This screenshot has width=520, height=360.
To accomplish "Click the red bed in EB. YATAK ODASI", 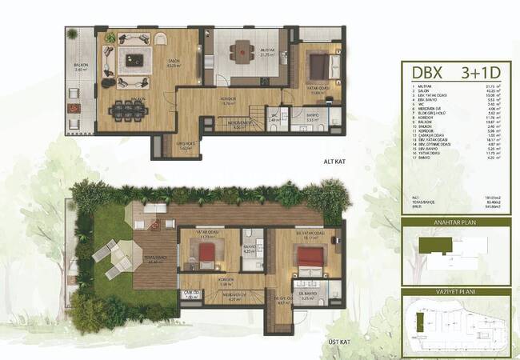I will point(306,256).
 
